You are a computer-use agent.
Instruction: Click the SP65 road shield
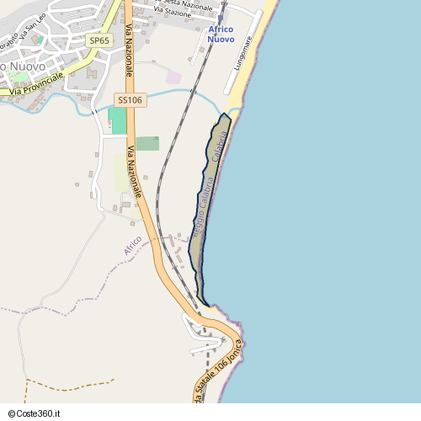coord(99,40)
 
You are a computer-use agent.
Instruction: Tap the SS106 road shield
coord(131,99)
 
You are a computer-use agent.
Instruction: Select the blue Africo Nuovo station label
coord(221,35)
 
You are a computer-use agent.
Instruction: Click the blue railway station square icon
coord(221,18)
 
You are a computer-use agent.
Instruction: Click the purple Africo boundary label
coord(132,246)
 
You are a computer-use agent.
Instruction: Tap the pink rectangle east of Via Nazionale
coord(173,77)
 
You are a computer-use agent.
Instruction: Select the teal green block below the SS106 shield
coord(117,120)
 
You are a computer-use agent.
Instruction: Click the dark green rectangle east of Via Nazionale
coord(147,143)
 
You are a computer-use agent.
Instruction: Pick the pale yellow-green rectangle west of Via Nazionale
coord(122,173)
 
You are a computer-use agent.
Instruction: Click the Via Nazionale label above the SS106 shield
coord(129,51)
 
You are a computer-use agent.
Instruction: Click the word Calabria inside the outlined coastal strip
coord(221,147)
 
